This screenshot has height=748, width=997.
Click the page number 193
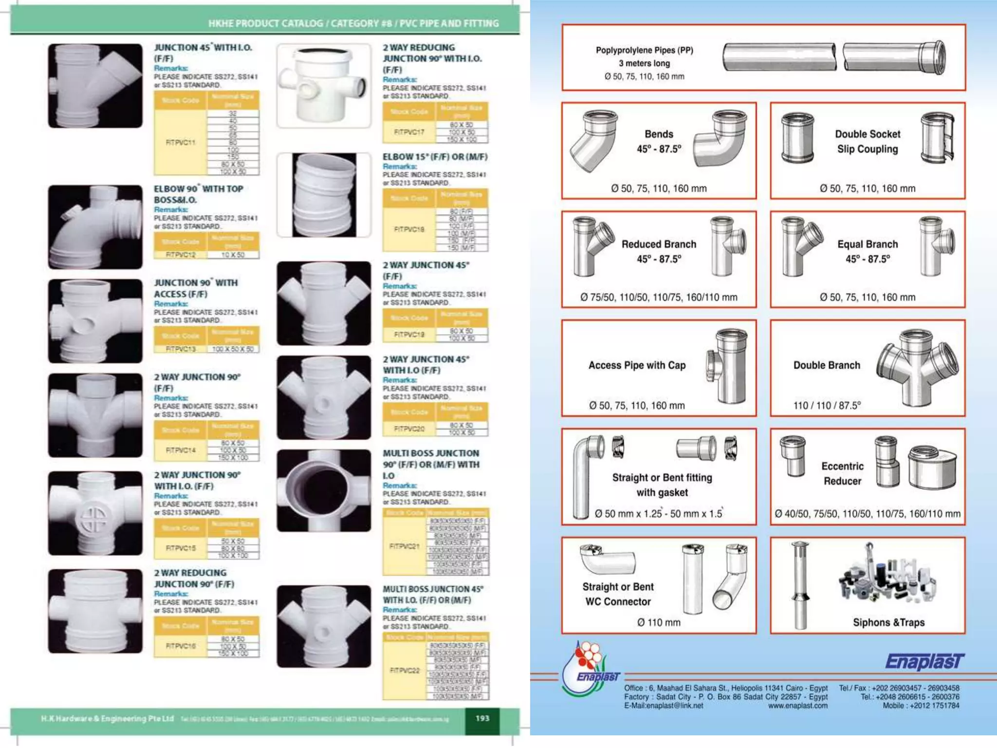pyautogui.click(x=482, y=718)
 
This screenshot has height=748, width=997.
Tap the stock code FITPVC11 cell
pyautogui.click(x=180, y=143)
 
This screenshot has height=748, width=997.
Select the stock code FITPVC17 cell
pyautogui.click(x=409, y=132)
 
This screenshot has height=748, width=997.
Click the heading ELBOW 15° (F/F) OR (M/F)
pyautogui.click(x=435, y=157)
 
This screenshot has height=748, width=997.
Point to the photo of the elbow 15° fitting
pyautogui.click(x=324, y=195)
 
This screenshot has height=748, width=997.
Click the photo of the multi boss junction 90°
pyautogui.click(x=324, y=490)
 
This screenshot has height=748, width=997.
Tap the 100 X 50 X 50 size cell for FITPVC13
pyautogui.click(x=233, y=349)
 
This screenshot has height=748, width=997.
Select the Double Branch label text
pyautogui.click(x=827, y=365)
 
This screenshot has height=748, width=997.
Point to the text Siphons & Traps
pyautogui.click(x=888, y=622)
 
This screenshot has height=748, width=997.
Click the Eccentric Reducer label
pyautogui.click(x=842, y=473)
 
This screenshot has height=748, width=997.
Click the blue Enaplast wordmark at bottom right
pyautogui.click(x=924, y=662)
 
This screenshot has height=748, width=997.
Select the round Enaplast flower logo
pyautogui.click(x=587, y=668)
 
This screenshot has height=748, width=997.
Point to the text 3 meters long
pyautogui.click(x=644, y=63)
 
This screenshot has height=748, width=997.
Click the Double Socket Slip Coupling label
pyautogui.click(x=868, y=142)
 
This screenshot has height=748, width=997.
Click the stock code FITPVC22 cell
pyautogui.click(x=405, y=671)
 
